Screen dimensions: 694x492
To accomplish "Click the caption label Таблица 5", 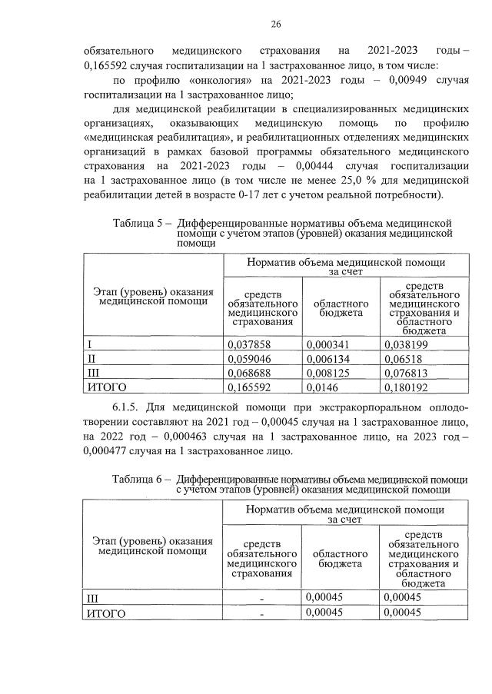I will (x=137, y=223).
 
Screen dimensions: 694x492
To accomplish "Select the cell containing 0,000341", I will (x=328, y=344).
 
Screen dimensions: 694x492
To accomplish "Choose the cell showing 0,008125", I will (x=328, y=372).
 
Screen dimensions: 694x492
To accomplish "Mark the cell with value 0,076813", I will (x=407, y=372).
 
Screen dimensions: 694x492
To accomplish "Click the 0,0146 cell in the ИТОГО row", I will (x=322, y=386).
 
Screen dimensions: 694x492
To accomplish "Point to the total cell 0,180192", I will (x=407, y=386).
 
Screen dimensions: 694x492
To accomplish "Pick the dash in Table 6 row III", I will (x=261, y=599).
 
